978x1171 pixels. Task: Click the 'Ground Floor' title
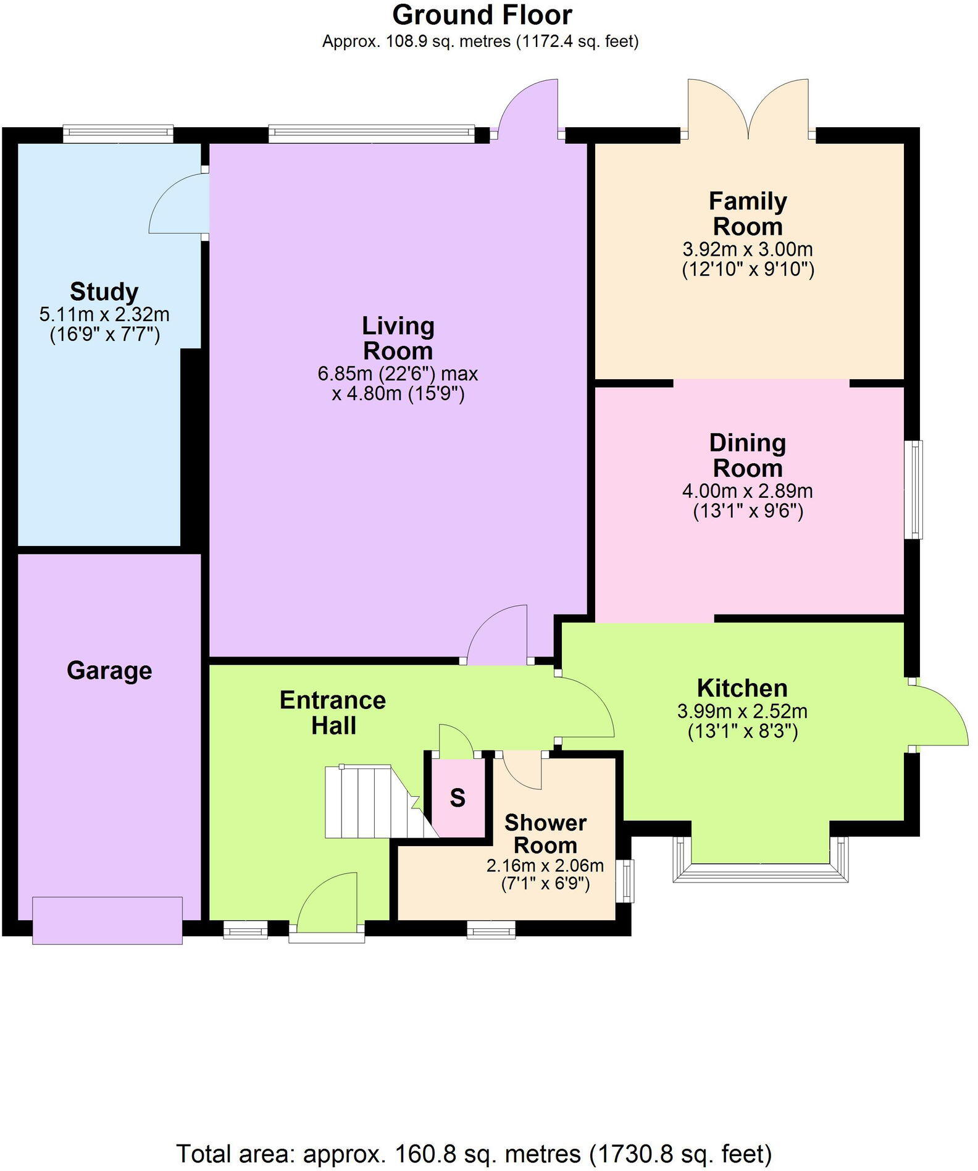point(482,15)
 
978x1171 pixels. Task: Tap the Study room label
point(104,291)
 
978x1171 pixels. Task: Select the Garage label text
point(109,670)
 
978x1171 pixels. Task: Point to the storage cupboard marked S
point(458,797)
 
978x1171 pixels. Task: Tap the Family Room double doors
point(748,109)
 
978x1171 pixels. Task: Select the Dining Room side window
point(914,489)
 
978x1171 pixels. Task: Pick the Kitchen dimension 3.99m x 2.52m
point(742,711)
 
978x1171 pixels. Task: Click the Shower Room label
point(545,834)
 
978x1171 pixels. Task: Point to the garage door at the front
point(107,920)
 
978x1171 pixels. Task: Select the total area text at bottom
point(474,1153)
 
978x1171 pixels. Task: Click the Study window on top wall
point(118,134)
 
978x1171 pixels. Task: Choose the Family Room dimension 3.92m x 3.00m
point(748,250)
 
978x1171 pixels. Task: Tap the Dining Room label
point(748,455)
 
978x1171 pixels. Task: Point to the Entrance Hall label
point(333,713)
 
